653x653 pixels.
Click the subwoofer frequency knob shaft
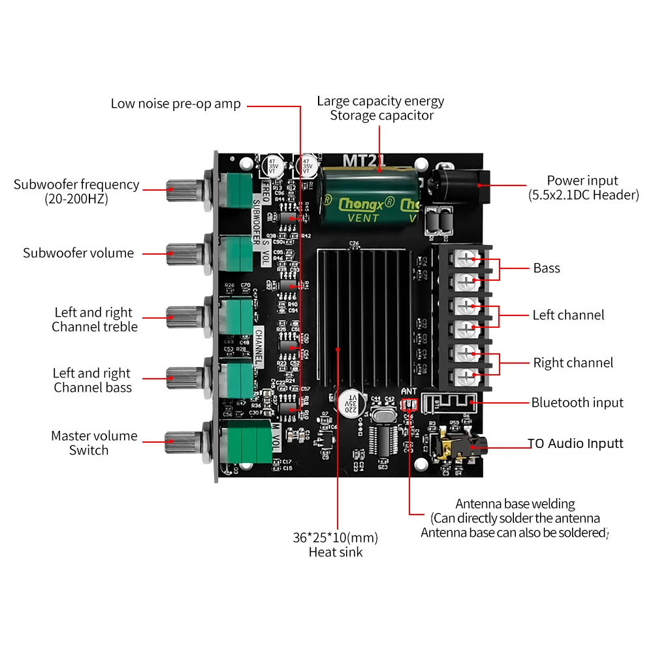click(x=180, y=190)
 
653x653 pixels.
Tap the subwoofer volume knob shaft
click(x=180, y=253)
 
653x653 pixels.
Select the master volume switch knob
click(x=180, y=443)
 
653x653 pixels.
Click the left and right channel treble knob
click(x=180, y=318)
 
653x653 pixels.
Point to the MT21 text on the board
click(x=364, y=159)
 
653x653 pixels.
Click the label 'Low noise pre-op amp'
click(x=176, y=104)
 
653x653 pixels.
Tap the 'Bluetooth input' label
click(x=577, y=403)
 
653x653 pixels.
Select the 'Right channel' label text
click(x=573, y=363)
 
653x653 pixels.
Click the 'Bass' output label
click(x=547, y=268)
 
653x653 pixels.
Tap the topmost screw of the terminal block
click(x=465, y=259)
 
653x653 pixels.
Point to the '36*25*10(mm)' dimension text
click(x=335, y=538)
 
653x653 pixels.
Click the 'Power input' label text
click(x=582, y=181)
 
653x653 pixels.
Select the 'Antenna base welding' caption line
click(x=515, y=504)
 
